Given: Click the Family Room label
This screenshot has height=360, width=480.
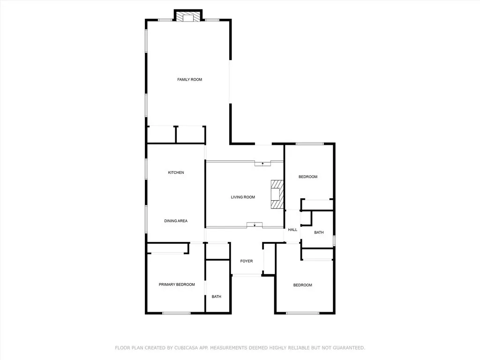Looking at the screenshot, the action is [x=189, y=80].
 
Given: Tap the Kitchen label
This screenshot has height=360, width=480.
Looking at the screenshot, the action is [x=176, y=172].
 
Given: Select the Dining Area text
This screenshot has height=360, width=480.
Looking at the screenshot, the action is [x=176, y=221].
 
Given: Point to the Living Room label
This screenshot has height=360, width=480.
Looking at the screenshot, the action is [x=243, y=197].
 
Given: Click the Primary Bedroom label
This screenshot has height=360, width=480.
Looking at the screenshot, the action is [x=177, y=285].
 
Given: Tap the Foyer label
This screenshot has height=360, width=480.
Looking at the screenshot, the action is [x=247, y=261].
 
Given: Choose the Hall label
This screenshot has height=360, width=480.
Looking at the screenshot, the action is [x=292, y=230].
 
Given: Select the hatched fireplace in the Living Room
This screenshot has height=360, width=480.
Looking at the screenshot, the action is [x=277, y=195].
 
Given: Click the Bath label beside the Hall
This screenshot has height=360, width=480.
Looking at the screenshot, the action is [x=319, y=232].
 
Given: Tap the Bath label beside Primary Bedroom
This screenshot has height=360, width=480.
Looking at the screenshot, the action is [x=217, y=297].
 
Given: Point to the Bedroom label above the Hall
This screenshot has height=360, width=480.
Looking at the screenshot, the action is [x=308, y=177].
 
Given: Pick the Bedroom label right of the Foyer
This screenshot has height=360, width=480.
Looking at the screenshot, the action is [x=303, y=285].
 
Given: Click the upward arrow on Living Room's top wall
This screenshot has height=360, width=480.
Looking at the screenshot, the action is [x=262, y=164].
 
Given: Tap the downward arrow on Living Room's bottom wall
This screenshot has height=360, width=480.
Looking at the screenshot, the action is [x=255, y=225].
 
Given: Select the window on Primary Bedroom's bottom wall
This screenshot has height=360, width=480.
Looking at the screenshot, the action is [x=176, y=313].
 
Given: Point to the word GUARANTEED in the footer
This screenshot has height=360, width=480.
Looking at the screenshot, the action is [x=347, y=348].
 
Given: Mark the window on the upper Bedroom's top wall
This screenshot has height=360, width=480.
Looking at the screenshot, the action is [x=310, y=144].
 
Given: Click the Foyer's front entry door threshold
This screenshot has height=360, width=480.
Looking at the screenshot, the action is [x=247, y=275].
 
